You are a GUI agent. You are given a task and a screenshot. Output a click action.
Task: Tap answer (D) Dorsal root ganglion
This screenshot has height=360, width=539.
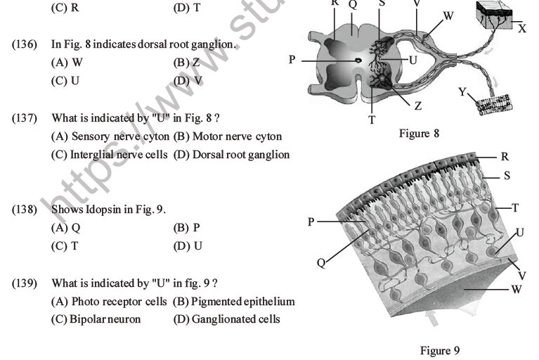click(231, 155)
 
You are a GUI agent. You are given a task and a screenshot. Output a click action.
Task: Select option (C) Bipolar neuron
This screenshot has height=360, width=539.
click(96, 319)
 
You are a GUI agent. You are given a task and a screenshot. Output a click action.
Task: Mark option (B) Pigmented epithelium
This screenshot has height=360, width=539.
click(233, 302)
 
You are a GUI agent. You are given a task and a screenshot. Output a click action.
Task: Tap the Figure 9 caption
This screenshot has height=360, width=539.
click(439, 350)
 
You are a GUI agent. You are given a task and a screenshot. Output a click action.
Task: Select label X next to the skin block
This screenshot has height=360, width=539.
click(522, 30)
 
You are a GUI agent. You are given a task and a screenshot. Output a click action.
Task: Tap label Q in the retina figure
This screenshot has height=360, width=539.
click(320, 262)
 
